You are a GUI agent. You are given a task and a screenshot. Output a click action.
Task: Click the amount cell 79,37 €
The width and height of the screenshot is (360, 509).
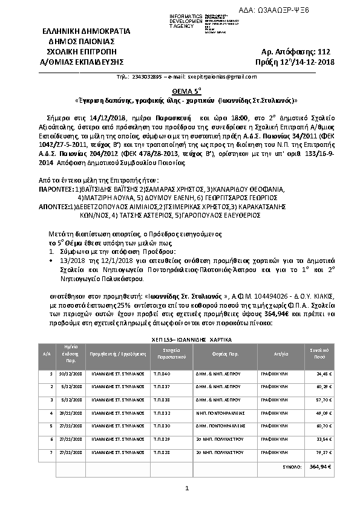(x=324, y=452)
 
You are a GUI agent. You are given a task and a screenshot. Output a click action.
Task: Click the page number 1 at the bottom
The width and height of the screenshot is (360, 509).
(x=187, y=488)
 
